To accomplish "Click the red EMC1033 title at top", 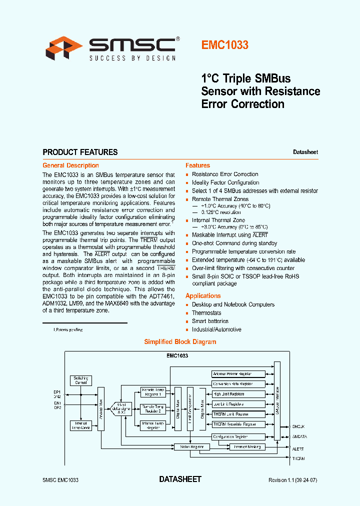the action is click(225, 45).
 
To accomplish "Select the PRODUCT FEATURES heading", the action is click(80, 152).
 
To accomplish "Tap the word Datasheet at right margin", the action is click(305, 152).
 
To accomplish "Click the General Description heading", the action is click(70, 165).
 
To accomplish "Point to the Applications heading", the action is click(202, 296).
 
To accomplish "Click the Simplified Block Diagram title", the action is click(180, 342).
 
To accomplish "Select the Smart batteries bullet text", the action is click(210, 321).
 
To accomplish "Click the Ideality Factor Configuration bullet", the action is click(225, 182).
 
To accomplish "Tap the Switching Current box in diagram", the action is click(81, 380).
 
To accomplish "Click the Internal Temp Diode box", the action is click(81, 425).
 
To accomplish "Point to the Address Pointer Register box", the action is click(232, 374).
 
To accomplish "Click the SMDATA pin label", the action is click(299, 436).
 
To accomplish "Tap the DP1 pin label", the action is click(57, 392).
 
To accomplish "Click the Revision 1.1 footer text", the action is click(293, 480).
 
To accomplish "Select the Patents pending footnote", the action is click(68, 330).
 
